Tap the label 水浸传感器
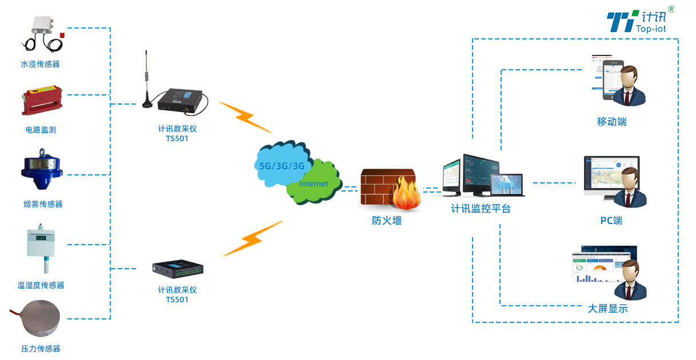pyautogui.click(x=40, y=65)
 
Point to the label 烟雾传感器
pyautogui.click(x=43, y=204)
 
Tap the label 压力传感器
pyautogui.click(x=41, y=349)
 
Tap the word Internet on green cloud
pyautogui.click(x=314, y=184)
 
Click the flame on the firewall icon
pyautogui.click(x=406, y=195)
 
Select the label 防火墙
pyautogui.click(x=387, y=221)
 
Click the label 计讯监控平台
pyautogui.click(x=481, y=209)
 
